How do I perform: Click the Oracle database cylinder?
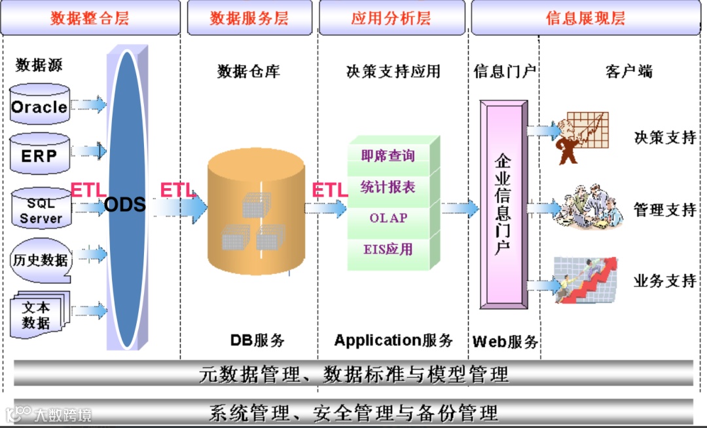[x=40, y=106]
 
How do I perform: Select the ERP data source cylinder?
[x=40, y=155]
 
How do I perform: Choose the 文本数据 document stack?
[x=38, y=315]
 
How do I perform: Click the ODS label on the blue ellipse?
[x=125, y=204]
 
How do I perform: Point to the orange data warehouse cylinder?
[x=256, y=214]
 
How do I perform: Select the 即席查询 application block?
[x=388, y=156]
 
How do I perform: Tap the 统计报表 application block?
[x=388, y=187]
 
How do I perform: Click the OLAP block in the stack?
[x=388, y=218]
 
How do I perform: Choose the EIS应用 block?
[x=388, y=250]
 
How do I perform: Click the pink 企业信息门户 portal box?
[x=503, y=204]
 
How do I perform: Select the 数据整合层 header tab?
[x=90, y=18]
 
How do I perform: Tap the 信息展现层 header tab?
[x=586, y=18]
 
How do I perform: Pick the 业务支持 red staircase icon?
[x=586, y=280]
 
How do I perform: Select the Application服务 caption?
[x=393, y=340]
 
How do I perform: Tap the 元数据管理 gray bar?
[x=353, y=374]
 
